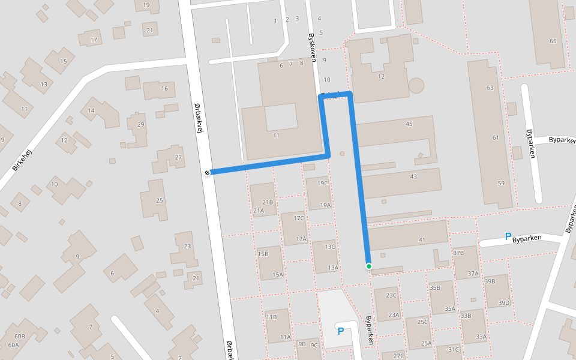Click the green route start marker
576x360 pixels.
coord(369,266)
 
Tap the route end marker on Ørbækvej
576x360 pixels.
coord(207,173)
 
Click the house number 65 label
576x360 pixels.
coord(553,41)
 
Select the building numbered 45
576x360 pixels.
coord(409,124)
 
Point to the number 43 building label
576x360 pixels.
coord(413,176)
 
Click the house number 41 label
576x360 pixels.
coord(422,240)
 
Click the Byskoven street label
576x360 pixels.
coord(312,47)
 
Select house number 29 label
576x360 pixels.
coord(140,125)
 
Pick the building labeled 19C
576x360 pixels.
coord(323,183)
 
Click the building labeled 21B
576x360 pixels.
coord(268,202)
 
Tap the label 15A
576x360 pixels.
coord(277,275)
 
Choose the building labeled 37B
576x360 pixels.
coord(458,253)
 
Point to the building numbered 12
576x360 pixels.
coord(381,76)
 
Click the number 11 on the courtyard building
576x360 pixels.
coord(276,136)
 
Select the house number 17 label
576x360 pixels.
coord(93,40)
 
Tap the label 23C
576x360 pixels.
coord(392,295)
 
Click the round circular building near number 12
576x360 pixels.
coord(416,85)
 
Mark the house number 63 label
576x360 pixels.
coord(490,88)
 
